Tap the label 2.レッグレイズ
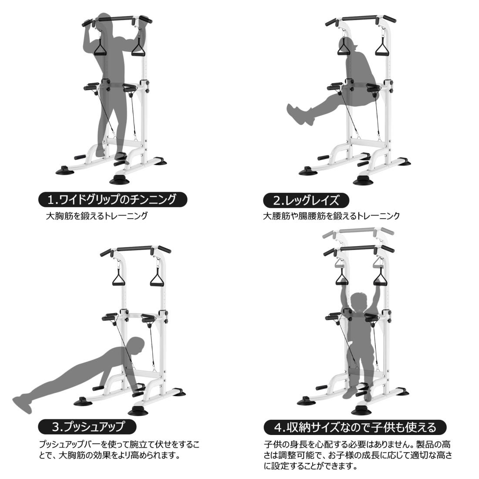coord(306,200)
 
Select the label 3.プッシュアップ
coord(88,427)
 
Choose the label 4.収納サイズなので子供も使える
coord(355,427)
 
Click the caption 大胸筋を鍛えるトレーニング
coord(97,216)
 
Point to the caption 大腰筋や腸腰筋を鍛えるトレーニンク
coord(331,216)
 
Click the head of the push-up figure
coord(136,345)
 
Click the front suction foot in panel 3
coord(138,411)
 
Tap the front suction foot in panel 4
coord(361,411)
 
